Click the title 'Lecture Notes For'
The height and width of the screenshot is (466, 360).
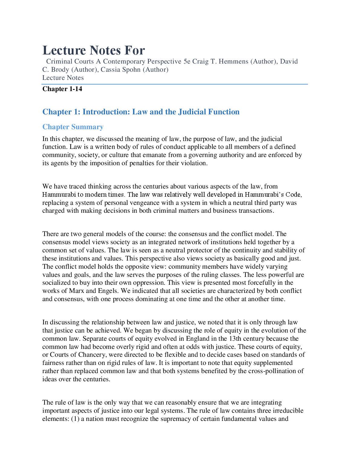click(93, 50)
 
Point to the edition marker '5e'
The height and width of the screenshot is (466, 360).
click(187, 61)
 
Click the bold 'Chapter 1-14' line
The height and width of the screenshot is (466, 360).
click(62, 89)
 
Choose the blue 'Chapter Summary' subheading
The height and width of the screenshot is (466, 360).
click(73, 127)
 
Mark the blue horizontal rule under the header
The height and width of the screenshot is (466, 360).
click(175, 84)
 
